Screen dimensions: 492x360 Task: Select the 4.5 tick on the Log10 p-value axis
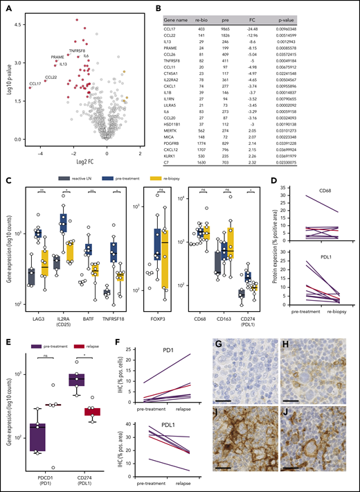(x=21, y=22)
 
